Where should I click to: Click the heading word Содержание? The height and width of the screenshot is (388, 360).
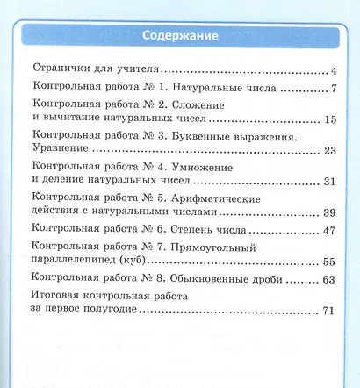pyautogui.click(x=179, y=36)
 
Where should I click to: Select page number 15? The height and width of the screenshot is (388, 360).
pyautogui.click(x=331, y=119)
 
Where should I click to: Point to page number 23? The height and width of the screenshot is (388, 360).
pyautogui.click(x=330, y=150)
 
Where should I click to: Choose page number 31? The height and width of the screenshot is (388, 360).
pyautogui.click(x=330, y=182)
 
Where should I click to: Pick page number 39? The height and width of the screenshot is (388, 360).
pyautogui.click(x=330, y=212)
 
